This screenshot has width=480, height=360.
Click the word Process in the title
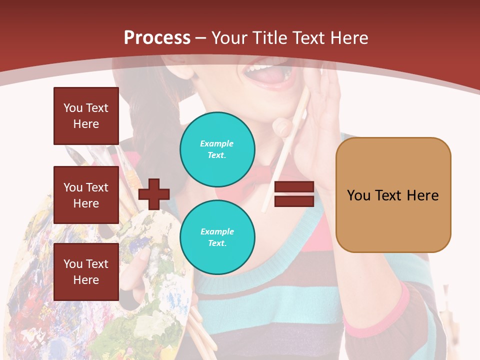157,37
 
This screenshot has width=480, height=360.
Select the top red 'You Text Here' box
86,116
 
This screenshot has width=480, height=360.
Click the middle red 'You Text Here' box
86,195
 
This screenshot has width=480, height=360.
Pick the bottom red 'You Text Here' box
86,272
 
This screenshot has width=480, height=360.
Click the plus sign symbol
154,194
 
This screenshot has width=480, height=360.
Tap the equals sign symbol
294,194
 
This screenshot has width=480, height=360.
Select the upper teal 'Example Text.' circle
217,149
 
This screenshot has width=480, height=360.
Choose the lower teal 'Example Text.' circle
217,237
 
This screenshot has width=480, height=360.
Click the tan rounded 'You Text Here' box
393,195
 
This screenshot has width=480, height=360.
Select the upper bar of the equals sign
294,187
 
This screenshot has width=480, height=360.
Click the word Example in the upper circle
217,143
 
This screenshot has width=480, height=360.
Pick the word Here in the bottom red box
86,280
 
